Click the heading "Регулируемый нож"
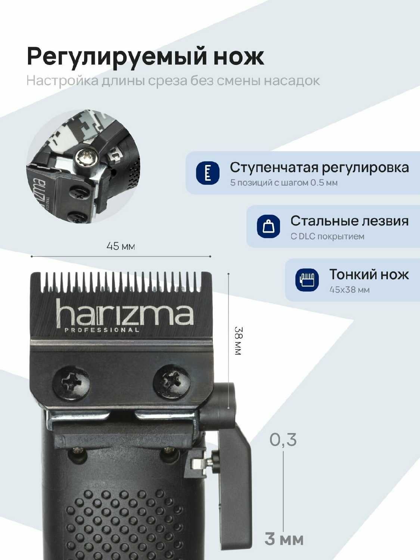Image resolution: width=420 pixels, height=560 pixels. [145, 57]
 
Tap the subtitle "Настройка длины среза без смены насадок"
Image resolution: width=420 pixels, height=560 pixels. [173, 81]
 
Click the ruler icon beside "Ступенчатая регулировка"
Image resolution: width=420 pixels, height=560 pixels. [208, 173]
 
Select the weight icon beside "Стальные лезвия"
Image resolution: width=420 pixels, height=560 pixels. [268, 226]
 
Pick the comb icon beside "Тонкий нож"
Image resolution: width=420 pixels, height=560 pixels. [307, 280]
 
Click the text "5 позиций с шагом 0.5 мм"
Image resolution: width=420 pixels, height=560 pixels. [284, 183]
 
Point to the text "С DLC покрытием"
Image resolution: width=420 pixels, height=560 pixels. [327, 236]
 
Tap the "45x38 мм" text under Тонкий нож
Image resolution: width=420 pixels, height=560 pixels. [349, 290]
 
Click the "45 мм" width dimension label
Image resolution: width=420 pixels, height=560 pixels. [121, 246]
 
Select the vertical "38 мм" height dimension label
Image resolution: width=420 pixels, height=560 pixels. [238, 341]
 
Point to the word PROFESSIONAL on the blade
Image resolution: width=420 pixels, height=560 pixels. [102, 330]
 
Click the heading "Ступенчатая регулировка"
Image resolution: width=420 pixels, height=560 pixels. [319, 168]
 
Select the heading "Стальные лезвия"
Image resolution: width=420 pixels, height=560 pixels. [349, 221]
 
